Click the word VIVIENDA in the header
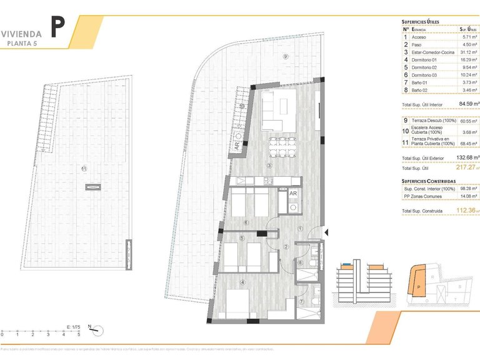(22, 33)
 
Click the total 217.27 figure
(466, 167)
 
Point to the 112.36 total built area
(466, 211)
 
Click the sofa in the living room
(278, 111)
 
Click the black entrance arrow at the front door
(327, 231)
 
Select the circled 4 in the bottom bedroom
(243, 282)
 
